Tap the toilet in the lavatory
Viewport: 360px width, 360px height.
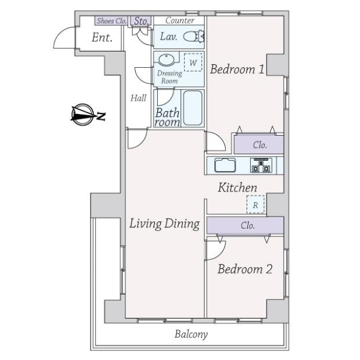click(193, 37)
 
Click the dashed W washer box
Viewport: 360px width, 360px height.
click(193, 62)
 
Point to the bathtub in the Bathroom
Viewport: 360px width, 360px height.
click(192, 108)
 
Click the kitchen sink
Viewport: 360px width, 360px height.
click(223, 164)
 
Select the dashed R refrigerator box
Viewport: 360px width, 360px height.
click(255, 205)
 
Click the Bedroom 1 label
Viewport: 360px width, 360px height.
click(237, 70)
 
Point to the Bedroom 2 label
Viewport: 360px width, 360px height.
click(244, 269)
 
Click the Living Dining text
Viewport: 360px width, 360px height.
click(164, 224)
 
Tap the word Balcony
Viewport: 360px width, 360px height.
click(191, 335)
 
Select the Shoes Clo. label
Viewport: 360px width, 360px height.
click(112, 20)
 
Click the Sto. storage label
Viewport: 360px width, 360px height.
click(140, 21)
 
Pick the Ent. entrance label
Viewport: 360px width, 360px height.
click(103, 38)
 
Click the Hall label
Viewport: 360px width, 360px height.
click(139, 98)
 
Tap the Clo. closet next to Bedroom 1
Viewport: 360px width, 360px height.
click(259, 145)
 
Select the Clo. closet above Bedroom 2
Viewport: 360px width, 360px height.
click(247, 226)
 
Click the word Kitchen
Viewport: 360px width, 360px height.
click(237, 188)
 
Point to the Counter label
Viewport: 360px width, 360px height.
click(179, 20)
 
